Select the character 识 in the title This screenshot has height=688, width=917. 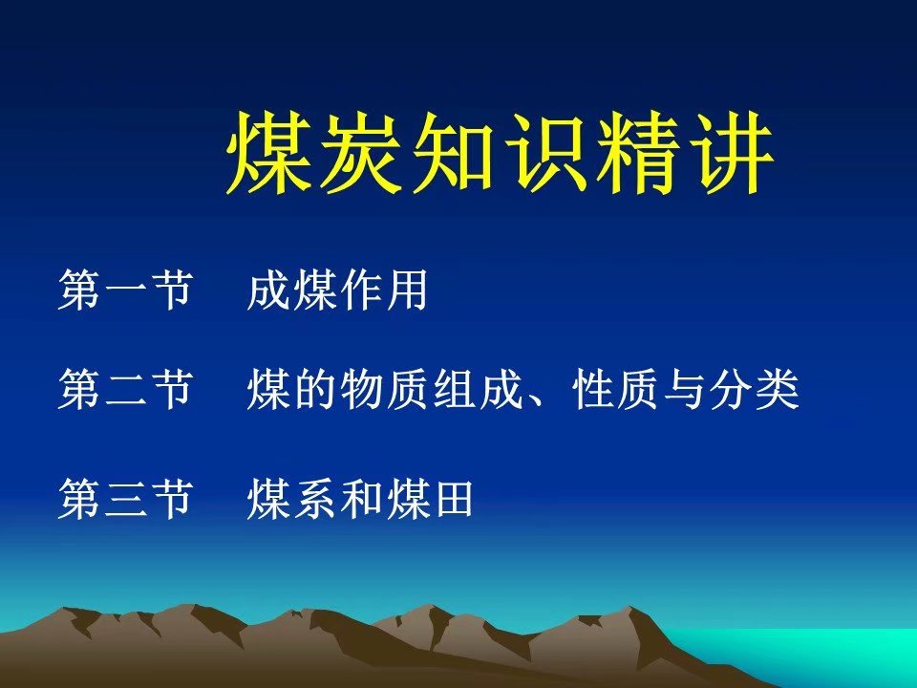[546, 153]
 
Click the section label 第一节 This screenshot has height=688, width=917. [125, 289]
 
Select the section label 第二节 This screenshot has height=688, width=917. [125, 389]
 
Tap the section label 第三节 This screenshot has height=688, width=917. [125, 499]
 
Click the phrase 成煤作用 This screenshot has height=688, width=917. [337, 289]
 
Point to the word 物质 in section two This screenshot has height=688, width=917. [384, 389]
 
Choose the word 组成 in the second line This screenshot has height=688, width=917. [478, 389]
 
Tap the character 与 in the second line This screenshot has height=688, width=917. [686, 389]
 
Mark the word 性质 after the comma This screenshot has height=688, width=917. [616, 389]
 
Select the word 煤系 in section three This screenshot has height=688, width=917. [291, 499]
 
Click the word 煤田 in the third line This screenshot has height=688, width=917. [431, 499]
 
